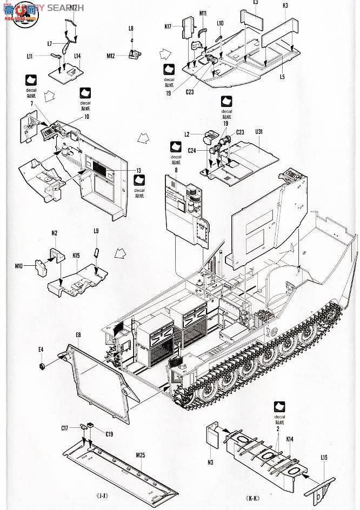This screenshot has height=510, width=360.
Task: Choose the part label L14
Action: (x=77, y=56)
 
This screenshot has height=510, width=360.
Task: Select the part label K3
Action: (x=285, y=5)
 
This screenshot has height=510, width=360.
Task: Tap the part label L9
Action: (x=96, y=231)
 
